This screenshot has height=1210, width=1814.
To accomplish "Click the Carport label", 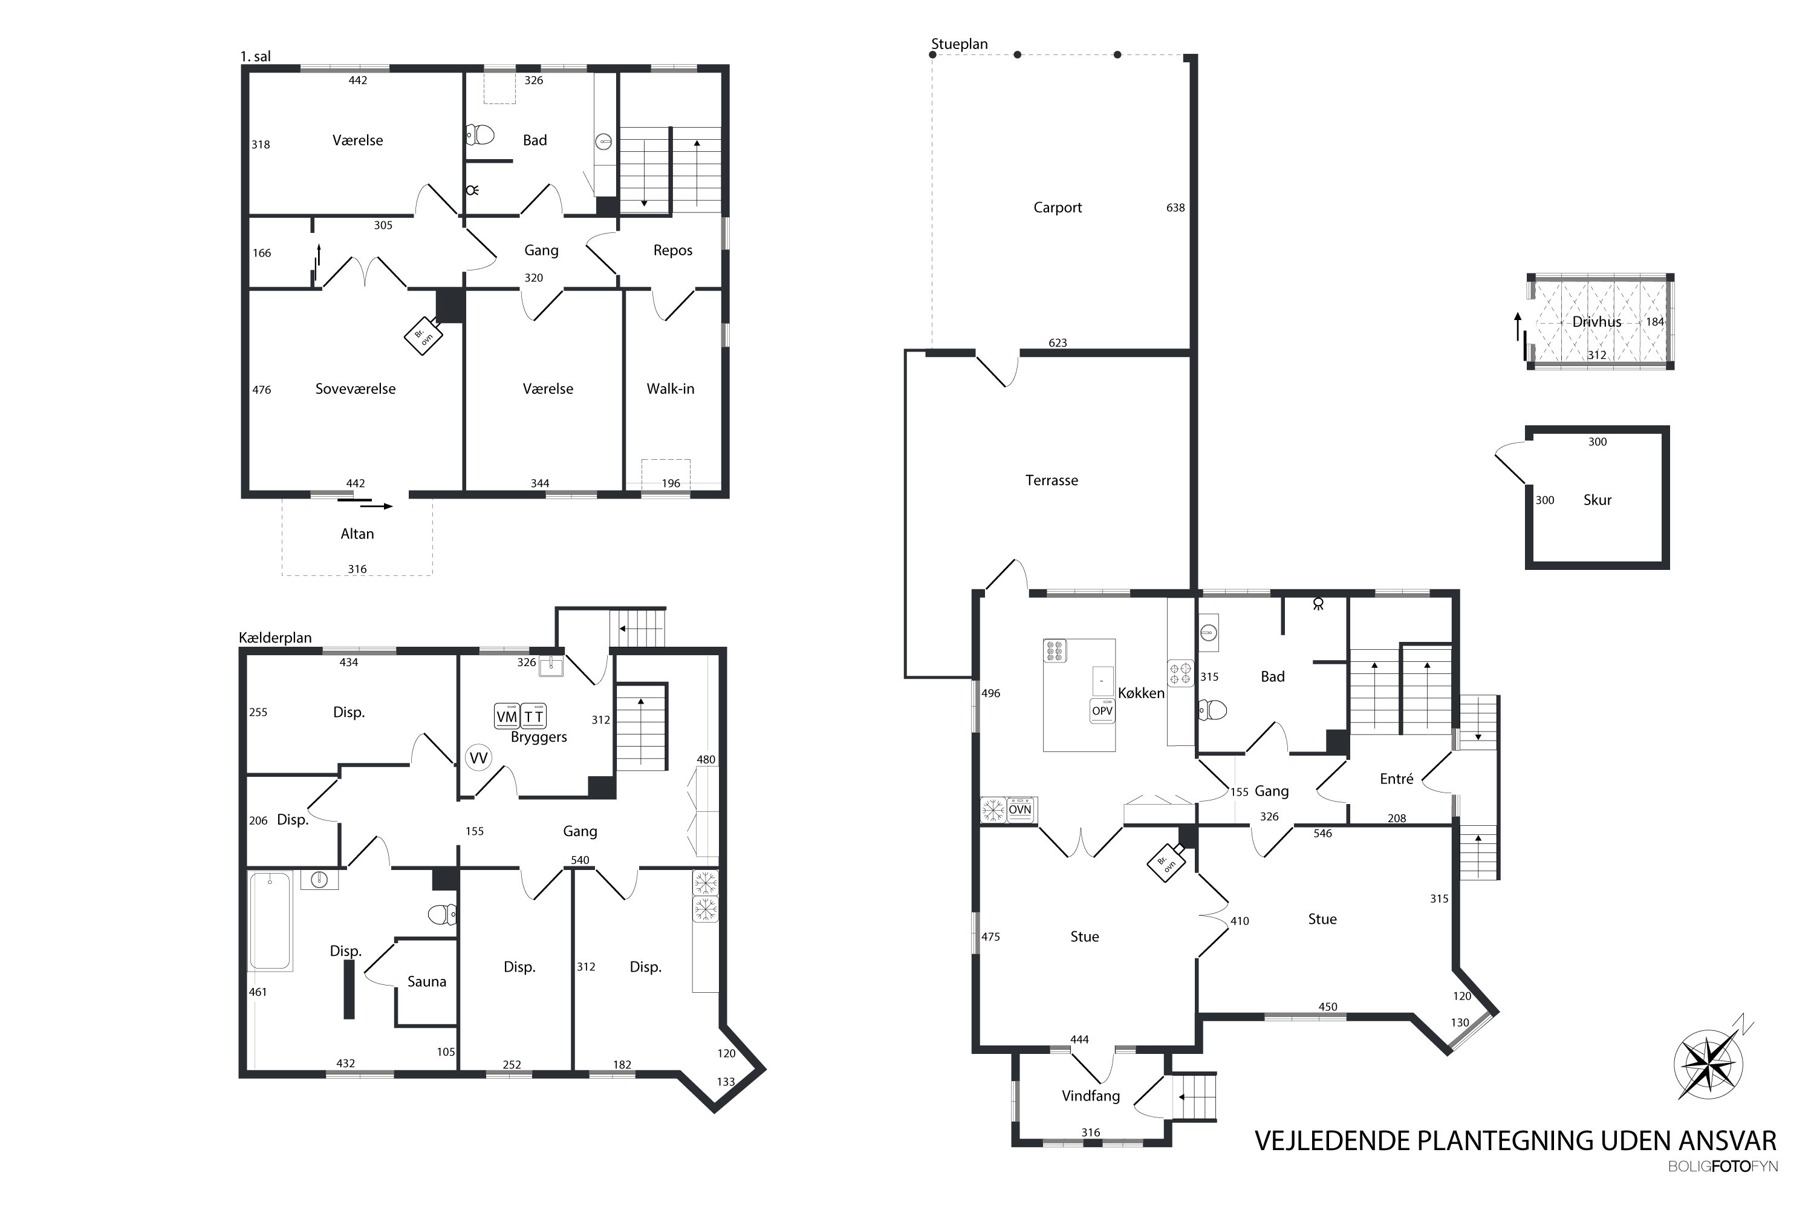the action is tap(1058, 208).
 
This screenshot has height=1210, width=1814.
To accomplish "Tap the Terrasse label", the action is tap(1052, 480).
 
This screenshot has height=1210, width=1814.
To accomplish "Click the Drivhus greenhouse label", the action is tap(1596, 322).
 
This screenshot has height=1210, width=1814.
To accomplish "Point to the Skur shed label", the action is tap(1598, 500).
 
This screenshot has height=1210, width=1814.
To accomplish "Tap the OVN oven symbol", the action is tap(1019, 809).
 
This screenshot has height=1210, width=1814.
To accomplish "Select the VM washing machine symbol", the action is tap(507, 716).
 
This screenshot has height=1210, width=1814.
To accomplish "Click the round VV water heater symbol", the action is tap(478, 758).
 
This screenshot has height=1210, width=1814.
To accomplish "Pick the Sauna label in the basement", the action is tap(426, 981).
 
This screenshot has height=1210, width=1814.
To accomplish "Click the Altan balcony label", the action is tap(357, 534).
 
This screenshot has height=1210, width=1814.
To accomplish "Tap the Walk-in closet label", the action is tap(670, 389).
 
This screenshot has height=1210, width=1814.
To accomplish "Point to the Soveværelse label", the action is tap(356, 389).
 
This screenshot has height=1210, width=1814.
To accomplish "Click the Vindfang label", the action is tap(1091, 1096).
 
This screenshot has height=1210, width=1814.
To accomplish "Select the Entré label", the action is tap(1396, 779).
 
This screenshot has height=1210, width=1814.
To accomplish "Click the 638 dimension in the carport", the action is tap(1175, 208).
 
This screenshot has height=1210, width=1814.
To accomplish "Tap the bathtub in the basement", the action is tap(270, 921).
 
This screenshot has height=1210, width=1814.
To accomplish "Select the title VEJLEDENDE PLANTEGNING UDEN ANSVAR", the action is tap(1515, 1140).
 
